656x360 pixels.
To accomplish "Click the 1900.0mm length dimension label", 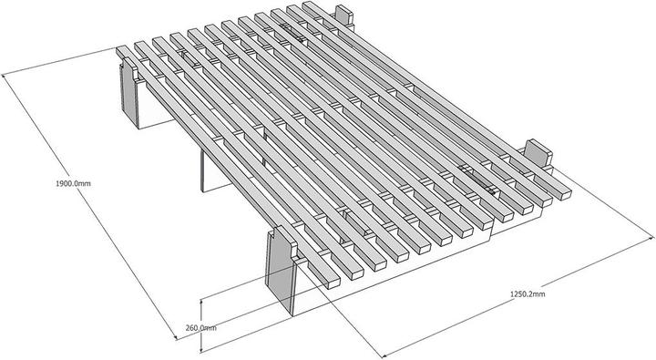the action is (73, 183).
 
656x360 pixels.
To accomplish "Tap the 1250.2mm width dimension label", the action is (528, 293).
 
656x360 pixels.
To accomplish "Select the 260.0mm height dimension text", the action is (201, 327).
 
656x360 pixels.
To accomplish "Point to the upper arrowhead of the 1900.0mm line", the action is (4, 77).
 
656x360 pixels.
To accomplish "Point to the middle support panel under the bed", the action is (215, 168).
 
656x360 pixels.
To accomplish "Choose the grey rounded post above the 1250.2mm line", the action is (538, 154).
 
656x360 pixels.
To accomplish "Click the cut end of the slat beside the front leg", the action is (333, 283).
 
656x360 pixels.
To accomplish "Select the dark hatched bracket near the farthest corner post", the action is (292, 33).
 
